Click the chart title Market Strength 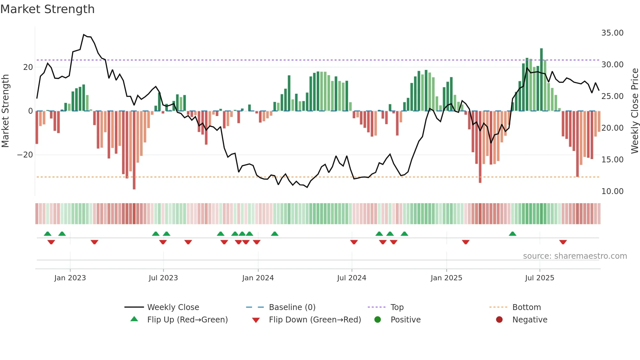tap(47, 9)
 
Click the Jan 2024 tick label tap(258, 278)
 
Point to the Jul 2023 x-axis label tap(163, 278)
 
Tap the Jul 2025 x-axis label tap(539, 278)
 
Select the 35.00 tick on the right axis tap(612, 33)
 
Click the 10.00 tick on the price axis tap(612, 191)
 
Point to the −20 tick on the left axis tap(25, 155)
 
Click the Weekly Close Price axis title tap(634, 111)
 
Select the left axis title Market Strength tap(5, 111)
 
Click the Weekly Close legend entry tap(173, 307)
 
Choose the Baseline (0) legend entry tap(292, 307)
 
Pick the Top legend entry tap(397, 307)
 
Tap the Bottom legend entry tap(526, 307)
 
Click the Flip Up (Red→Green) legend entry tap(187, 320)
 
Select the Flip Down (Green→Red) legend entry tap(315, 320)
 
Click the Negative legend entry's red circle tap(499, 320)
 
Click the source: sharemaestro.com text tap(575, 256)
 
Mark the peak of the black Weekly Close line tap(84, 35)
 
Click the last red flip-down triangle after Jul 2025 tap(563, 242)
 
